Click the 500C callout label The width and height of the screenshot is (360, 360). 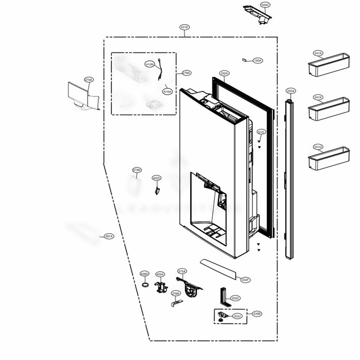pyautogui.click(x=265, y=5)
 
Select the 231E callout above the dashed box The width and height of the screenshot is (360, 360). pyautogui.click(x=185, y=27)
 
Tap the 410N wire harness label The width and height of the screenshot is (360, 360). pyautogui.click(x=149, y=64)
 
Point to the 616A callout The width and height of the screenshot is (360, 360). pyautogui.click(x=167, y=92)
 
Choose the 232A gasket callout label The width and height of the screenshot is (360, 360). pyautogui.click(x=224, y=73)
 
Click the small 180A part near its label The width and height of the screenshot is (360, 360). pyautogui.click(x=244, y=60)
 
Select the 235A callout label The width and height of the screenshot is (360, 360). pyautogui.click(x=291, y=91)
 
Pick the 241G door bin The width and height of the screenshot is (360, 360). pyautogui.click(x=328, y=158)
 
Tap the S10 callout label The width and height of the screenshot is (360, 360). pyautogui.click(x=261, y=132)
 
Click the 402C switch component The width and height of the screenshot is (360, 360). pyautogui.click(x=157, y=190)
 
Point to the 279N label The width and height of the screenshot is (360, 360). pyautogui.click(x=137, y=170)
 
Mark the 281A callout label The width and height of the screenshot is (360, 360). pyautogui.click(x=109, y=237)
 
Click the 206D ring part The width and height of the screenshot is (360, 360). pyautogui.click(x=144, y=285)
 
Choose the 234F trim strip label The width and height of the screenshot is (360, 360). pyautogui.click(x=246, y=280)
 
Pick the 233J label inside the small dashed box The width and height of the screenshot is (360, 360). pyautogui.click(x=237, y=316)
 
